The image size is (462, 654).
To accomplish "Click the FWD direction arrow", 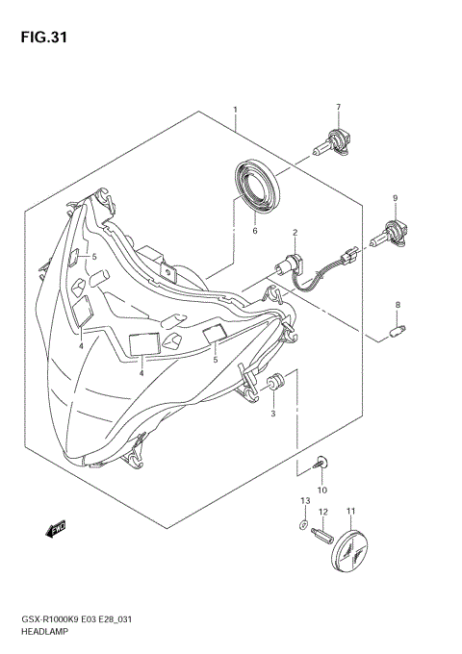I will pyautogui.click(x=53, y=527).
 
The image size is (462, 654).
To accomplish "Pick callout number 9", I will pyautogui.click(x=394, y=198).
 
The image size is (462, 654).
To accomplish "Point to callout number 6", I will pyautogui.click(x=255, y=231).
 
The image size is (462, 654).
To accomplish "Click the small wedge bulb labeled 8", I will pyautogui.click(x=395, y=333).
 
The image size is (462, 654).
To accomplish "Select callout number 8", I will pyautogui.click(x=396, y=305).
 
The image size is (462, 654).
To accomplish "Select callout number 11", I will pyautogui.click(x=351, y=511).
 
